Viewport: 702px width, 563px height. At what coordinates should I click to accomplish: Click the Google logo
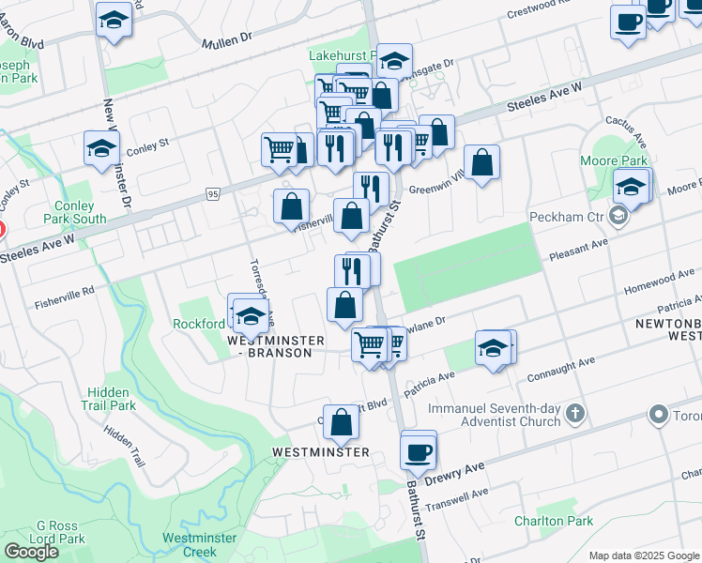31,552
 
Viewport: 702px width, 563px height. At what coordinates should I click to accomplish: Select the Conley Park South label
68,212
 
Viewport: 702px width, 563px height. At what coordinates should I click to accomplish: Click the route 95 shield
213,194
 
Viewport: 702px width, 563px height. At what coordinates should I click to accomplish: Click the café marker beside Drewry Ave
418,450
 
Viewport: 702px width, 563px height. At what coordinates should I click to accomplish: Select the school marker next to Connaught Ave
493,349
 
